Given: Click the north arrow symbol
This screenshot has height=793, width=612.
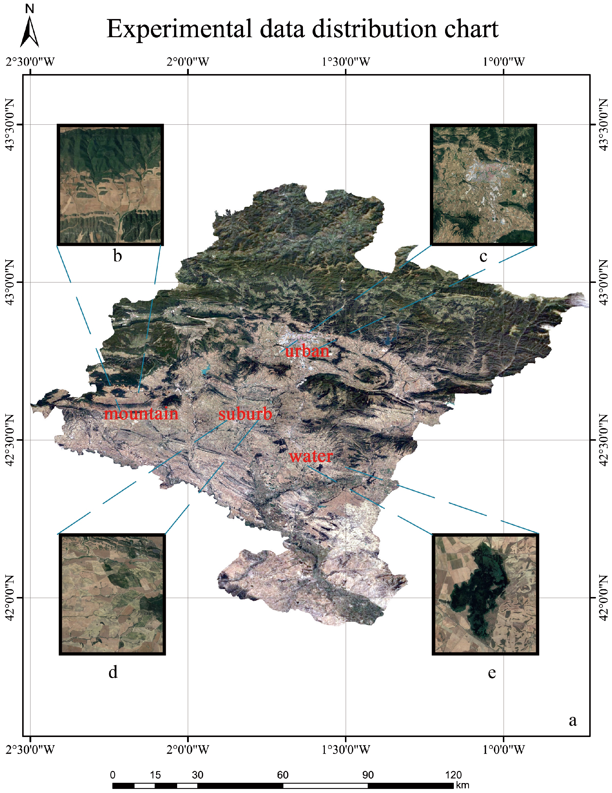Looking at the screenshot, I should tap(29, 31).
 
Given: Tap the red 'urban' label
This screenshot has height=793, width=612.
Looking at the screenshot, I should tap(307, 351).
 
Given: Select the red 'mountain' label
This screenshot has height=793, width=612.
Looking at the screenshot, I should tap(141, 414).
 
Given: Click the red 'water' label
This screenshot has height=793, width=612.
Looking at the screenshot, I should tap(311, 456).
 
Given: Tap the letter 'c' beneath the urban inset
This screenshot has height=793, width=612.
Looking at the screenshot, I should tap(483, 257).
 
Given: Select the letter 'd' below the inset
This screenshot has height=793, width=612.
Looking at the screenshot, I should tap(113, 672).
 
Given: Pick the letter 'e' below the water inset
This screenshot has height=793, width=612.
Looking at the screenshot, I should tap(492, 673).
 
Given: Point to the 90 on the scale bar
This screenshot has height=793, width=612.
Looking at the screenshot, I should tap(368, 775).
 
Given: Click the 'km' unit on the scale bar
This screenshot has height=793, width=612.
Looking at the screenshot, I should tap(462, 785).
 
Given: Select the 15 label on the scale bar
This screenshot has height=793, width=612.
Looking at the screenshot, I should tap(155, 775).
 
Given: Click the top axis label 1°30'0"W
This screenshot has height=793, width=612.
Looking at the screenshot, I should tap(346, 62).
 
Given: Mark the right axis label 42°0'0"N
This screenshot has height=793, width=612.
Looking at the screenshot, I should tap(603, 598).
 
